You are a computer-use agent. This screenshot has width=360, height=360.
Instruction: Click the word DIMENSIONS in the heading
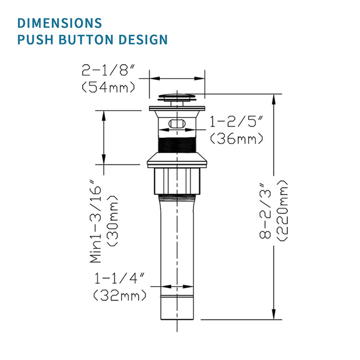coord(60,23)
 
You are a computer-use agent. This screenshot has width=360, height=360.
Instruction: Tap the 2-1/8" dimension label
coord(108,71)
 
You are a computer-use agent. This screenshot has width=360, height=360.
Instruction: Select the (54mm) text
coord(108,87)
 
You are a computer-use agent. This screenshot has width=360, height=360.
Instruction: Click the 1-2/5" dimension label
coord(236,121)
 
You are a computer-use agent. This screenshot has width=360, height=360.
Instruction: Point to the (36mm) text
coord(236,138)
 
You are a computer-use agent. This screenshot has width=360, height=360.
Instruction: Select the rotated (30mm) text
coord(113,220)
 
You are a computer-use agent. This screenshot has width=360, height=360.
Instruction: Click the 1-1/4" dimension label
coord(120,278)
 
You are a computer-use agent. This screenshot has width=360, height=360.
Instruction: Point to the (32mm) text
coord(120,295)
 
